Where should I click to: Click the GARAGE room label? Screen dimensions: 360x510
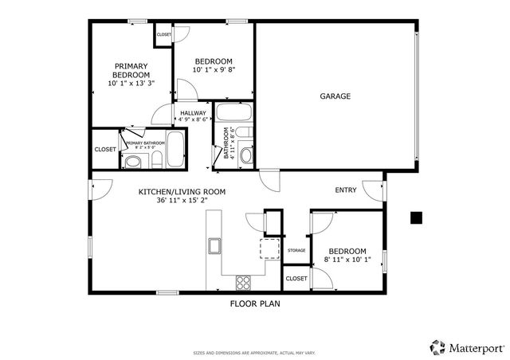click(x=335, y=96)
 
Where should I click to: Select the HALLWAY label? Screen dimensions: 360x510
click(x=193, y=113)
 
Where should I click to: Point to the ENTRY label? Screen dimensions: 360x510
click(x=345, y=190)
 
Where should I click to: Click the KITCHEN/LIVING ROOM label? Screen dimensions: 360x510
click(x=182, y=192)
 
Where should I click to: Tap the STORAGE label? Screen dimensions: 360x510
click(x=296, y=251)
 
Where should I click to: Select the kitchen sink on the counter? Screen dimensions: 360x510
click(x=214, y=246)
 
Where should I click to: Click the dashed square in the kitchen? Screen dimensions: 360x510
click(x=270, y=248)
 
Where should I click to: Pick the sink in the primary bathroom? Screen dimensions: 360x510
click(x=132, y=162)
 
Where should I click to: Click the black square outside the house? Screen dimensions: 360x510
click(x=415, y=217)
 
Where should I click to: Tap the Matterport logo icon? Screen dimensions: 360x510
click(x=437, y=346)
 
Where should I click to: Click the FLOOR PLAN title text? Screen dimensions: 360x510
click(x=254, y=303)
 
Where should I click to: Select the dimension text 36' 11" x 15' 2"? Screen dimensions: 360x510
click(x=182, y=201)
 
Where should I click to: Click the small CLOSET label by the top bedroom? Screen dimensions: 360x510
click(x=163, y=35)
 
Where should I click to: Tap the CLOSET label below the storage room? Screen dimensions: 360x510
click(x=296, y=279)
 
